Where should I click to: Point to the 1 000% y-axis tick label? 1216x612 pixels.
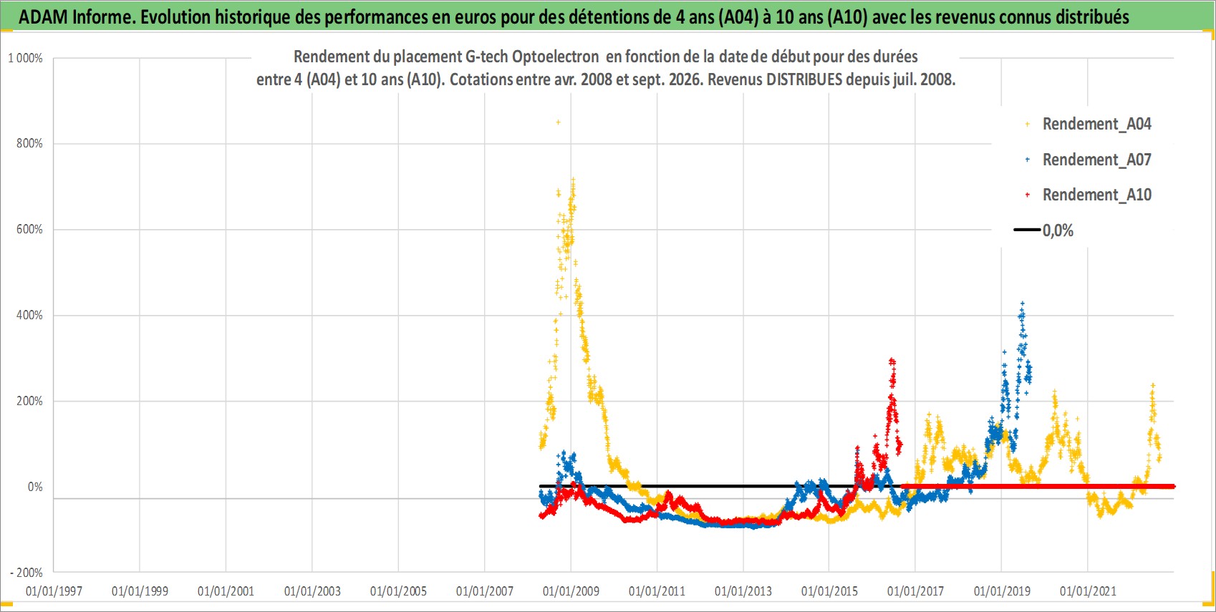coord(25,58)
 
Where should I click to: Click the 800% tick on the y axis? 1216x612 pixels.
coord(29,143)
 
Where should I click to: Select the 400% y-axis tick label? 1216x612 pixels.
coord(29,315)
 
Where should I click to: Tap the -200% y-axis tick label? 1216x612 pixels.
coord(26,573)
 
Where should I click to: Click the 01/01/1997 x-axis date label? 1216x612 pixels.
coord(54,591)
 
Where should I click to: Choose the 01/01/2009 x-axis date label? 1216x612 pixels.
coord(571,591)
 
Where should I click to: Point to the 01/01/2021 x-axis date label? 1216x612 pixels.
coord(1088,591)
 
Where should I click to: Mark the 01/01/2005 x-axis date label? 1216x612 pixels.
coord(398,591)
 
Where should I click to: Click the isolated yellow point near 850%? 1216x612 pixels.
coord(558,122)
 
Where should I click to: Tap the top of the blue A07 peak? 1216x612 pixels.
coord(1022,303)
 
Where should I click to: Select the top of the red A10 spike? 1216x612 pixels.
coord(892,360)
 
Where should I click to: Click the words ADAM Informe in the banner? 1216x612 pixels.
coord(76,17)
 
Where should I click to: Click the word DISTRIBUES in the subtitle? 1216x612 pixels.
coord(804,79)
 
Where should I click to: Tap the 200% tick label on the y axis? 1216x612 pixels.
coord(29,401)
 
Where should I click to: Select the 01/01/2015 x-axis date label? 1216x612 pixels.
coord(829,591)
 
